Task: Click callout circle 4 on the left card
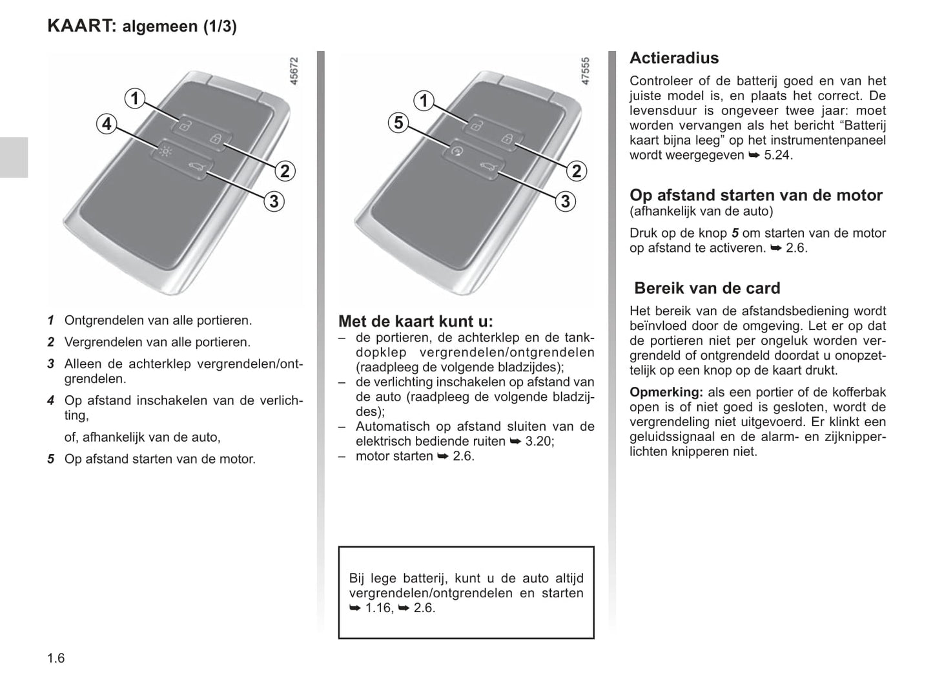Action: pyautogui.click(x=107, y=123)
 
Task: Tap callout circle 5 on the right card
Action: pyautogui.click(x=398, y=123)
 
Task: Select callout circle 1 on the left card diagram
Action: pyautogui.click(x=134, y=98)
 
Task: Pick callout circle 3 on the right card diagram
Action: pyautogui.click(x=565, y=201)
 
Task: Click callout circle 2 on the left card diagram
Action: pyautogui.click(x=284, y=170)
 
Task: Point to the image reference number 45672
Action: pyautogui.click(x=294, y=72)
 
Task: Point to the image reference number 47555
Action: pyautogui.click(x=585, y=72)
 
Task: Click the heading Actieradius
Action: pyautogui.click(x=673, y=58)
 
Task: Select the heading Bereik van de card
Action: pyautogui.click(x=707, y=288)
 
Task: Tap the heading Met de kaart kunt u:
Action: pyautogui.click(x=415, y=321)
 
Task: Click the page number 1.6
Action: pyautogui.click(x=56, y=658)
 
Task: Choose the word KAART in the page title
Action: pyautogui.click(x=81, y=26)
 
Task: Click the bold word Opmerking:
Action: pyautogui.click(x=666, y=392)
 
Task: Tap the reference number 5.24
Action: pyautogui.click(x=777, y=155)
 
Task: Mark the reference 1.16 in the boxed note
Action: pyautogui.click(x=378, y=608)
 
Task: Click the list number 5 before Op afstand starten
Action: pyautogui.click(x=50, y=459)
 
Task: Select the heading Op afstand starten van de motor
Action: pyautogui.click(x=755, y=195)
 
